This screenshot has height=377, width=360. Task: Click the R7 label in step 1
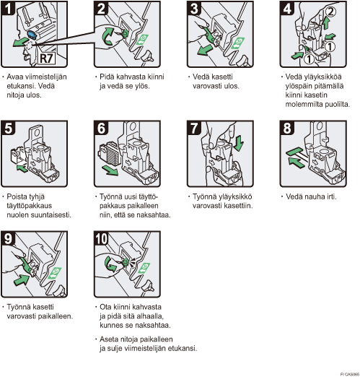click(x=46, y=58)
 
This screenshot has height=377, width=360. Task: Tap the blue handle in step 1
click(x=32, y=35)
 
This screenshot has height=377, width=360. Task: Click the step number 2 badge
click(x=101, y=9)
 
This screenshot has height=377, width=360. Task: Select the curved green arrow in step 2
click(x=107, y=37)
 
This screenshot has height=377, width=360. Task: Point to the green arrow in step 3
click(x=204, y=51)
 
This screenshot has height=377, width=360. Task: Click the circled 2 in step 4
click(x=330, y=12)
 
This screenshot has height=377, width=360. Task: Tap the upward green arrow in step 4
click(x=326, y=24)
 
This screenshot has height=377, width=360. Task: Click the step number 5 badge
click(x=8, y=128)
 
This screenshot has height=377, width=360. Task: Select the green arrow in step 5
click(x=22, y=168)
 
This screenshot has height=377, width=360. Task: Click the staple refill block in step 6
click(x=108, y=153)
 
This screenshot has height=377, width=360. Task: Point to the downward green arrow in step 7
click(x=239, y=143)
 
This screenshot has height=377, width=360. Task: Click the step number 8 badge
click(x=287, y=128)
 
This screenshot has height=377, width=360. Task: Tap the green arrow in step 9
click(x=22, y=279)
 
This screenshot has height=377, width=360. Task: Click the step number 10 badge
click(x=101, y=238)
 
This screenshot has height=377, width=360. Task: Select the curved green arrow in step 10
click(x=110, y=264)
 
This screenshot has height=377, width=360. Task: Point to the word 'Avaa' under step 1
click(x=15, y=77)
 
